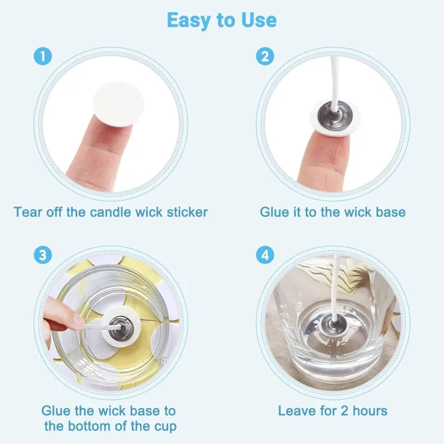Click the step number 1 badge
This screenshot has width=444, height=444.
(x=41, y=57)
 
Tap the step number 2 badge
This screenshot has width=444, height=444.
(x=265, y=57)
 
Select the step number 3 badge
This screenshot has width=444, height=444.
(x=41, y=255)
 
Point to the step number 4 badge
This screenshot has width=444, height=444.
(x=265, y=255)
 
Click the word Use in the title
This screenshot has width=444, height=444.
(x=258, y=20)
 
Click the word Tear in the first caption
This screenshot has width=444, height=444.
(x=28, y=212)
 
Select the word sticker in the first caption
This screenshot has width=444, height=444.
(x=185, y=212)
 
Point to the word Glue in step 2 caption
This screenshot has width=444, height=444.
(x=274, y=212)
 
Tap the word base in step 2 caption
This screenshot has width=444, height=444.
(x=391, y=212)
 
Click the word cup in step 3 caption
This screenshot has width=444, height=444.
(x=163, y=426)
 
